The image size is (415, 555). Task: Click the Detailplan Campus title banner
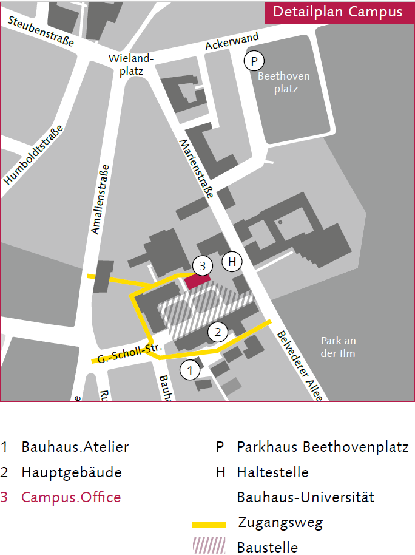(338, 12)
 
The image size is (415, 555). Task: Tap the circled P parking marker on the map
(254, 61)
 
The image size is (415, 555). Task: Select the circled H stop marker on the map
(232, 262)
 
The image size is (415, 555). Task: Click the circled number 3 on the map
(203, 265)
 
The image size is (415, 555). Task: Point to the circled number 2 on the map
(218, 332)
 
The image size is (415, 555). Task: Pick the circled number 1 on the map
(191, 369)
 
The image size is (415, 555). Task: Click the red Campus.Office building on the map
(198, 281)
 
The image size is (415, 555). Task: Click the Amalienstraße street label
(101, 199)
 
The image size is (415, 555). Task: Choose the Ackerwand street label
(232, 41)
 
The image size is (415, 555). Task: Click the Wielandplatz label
(132, 64)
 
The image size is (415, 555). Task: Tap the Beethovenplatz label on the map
(287, 83)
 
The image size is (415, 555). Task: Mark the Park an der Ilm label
(338, 347)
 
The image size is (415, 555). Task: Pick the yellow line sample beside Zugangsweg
(209, 523)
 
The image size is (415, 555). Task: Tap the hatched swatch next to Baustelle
(209, 546)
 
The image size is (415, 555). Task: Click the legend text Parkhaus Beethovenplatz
(322, 448)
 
